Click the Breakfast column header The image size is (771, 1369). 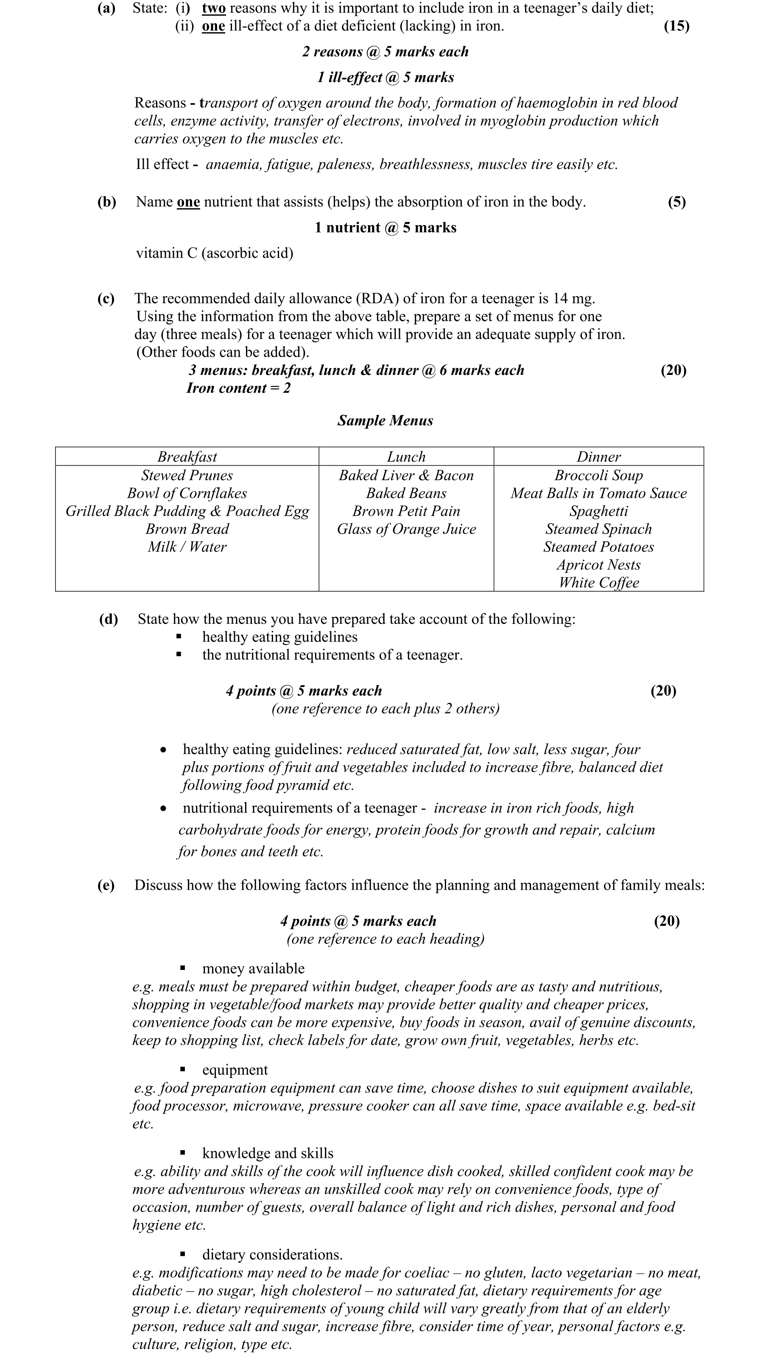click(187, 456)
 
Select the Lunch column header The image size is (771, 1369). click(406, 456)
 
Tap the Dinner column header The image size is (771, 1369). click(599, 456)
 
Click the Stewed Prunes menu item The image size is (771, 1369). click(187, 475)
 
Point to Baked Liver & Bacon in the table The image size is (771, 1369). click(406, 475)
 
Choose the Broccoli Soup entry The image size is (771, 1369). click(599, 475)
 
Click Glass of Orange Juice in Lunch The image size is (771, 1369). click(406, 529)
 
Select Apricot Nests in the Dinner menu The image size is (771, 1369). click(599, 564)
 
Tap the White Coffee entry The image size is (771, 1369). click(599, 582)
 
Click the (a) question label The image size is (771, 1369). click(106, 8)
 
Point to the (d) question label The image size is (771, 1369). click(109, 619)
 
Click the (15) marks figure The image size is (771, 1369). click(676, 26)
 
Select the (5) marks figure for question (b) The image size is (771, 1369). click(676, 202)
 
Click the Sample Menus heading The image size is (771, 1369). click(385, 420)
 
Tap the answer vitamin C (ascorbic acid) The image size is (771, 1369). click(215, 253)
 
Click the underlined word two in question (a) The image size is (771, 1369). click(214, 8)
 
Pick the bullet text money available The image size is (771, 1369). click(254, 968)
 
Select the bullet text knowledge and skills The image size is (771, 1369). click(268, 1153)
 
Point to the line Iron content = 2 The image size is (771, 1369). click(239, 388)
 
